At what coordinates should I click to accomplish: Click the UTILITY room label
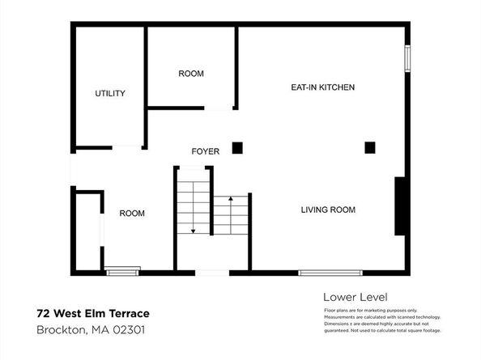click(110, 94)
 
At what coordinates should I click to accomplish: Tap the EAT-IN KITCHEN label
click(323, 87)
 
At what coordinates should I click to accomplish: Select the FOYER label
click(205, 151)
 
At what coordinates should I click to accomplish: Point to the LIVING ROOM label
click(328, 210)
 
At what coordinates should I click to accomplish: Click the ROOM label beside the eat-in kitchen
click(191, 74)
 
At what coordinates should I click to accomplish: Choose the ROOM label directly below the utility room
click(132, 214)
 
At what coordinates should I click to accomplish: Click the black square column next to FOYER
click(237, 147)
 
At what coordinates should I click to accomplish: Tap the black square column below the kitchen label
click(370, 147)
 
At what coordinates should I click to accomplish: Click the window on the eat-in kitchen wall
click(408, 58)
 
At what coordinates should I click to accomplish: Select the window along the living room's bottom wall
click(326, 273)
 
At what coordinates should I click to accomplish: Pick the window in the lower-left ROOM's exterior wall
click(123, 271)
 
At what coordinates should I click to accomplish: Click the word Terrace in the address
click(127, 313)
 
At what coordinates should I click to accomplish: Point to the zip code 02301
click(128, 329)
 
